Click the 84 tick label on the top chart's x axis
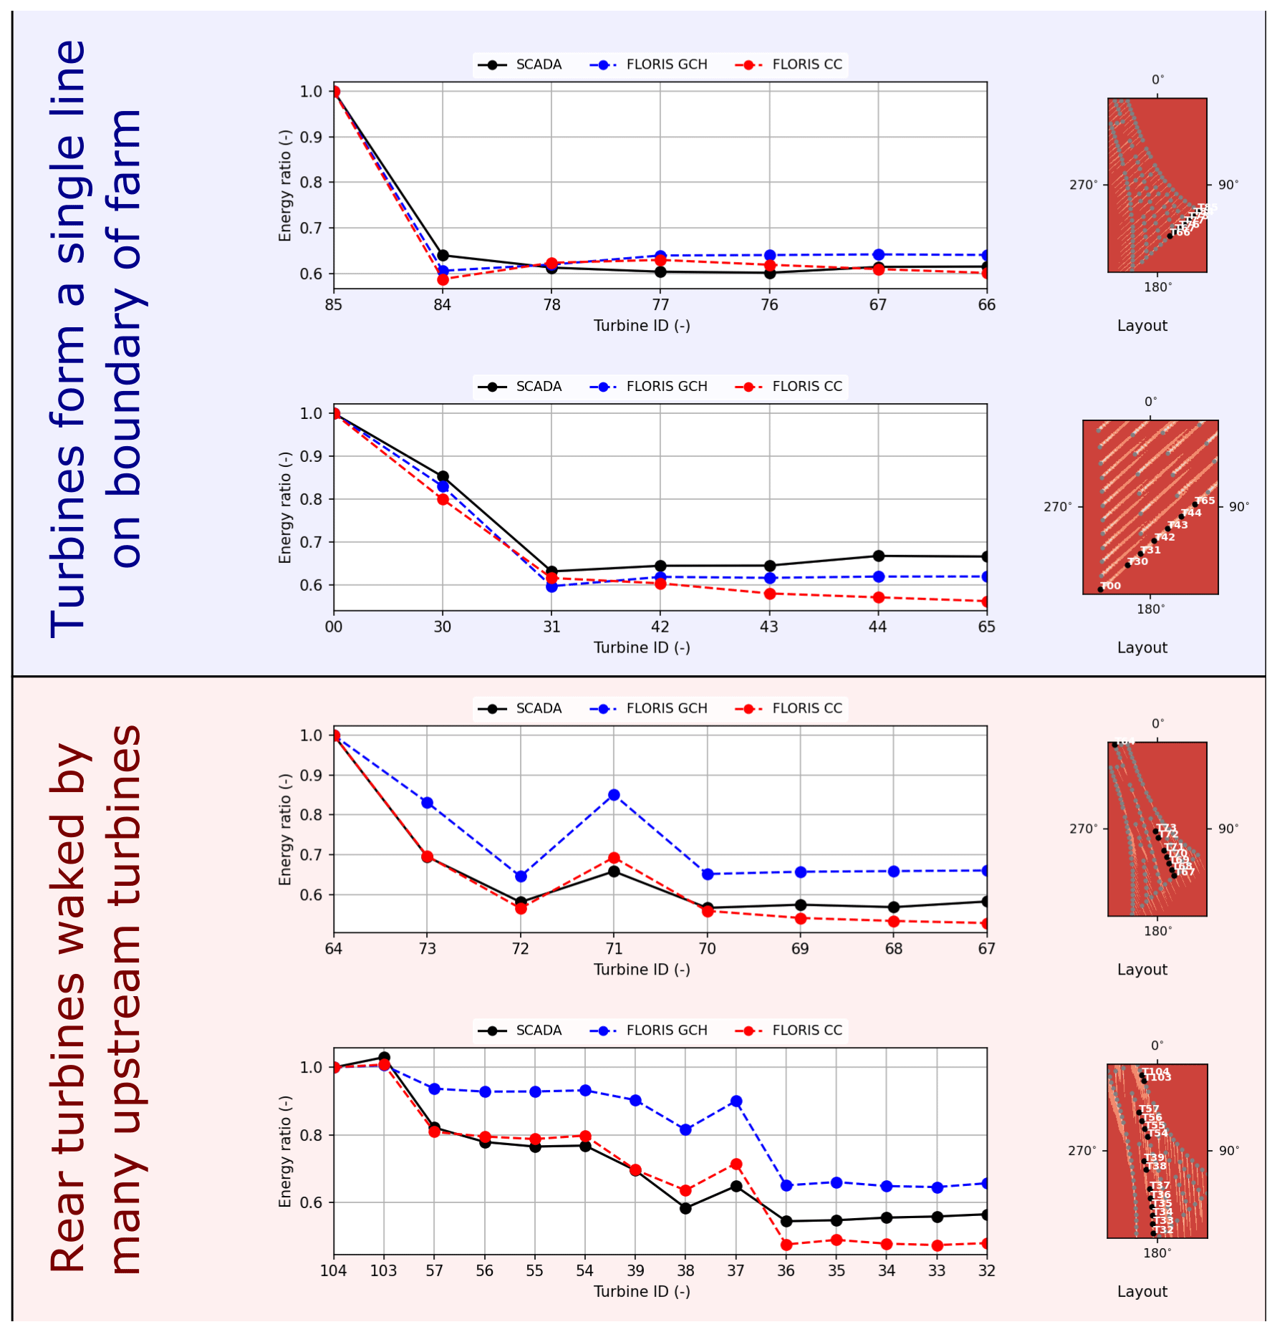[x=442, y=305]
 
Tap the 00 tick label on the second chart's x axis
[x=334, y=627]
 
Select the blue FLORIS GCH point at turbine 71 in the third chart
[x=614, y=795]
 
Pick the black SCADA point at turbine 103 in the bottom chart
[x=384, y=1057]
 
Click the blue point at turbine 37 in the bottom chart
[x=736, y=1101]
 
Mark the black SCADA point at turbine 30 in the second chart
[x=443, y=476]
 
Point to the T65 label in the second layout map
[x=1205, y=501]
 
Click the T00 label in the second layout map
[x=1111, y=586]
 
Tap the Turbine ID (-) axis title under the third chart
[x=642, y=970]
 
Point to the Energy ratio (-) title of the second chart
[x=285, y=507]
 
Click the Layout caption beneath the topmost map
[x=1142, y=326]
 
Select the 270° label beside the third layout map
[x=1083, y=829]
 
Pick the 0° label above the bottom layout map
[x=1157, y=1046]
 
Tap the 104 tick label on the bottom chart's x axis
[x=334, y=1271]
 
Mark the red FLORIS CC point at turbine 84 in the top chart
[x=443, y=279]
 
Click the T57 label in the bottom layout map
[x=1149, y=1109]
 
